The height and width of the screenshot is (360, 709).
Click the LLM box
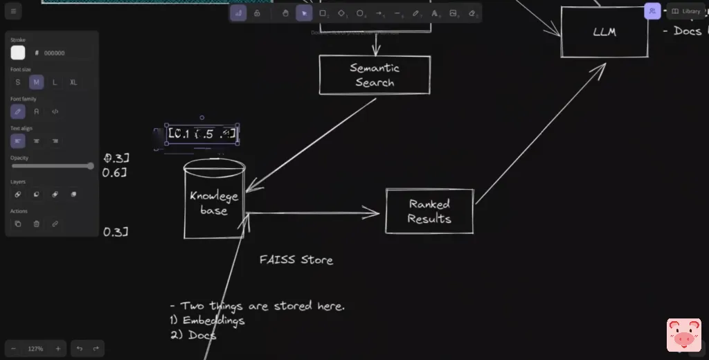point(604,33)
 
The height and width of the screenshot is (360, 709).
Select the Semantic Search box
point(375,75)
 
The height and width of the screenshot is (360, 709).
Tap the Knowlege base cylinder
point(214,203)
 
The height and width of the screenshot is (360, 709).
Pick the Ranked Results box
point(429,211)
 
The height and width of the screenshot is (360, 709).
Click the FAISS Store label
point(296,260)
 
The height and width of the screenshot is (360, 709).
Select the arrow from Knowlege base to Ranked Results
point(312,214)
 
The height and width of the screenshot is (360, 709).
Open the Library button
point(686,11)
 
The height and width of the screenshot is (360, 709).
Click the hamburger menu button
point(13,12)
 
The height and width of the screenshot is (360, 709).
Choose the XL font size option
point(73,82)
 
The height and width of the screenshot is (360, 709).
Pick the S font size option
point(18,82)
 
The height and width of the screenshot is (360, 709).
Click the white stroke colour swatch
point(18,53)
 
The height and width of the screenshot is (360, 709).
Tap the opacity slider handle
point(90,166)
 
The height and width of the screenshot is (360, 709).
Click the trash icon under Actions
point(37,224)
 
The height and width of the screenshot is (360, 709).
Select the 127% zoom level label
point(36,349)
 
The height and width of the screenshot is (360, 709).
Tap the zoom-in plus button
point(58,349)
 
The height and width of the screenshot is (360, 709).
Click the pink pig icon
point(683,335)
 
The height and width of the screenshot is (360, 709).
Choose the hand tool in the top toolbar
point(285,13)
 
